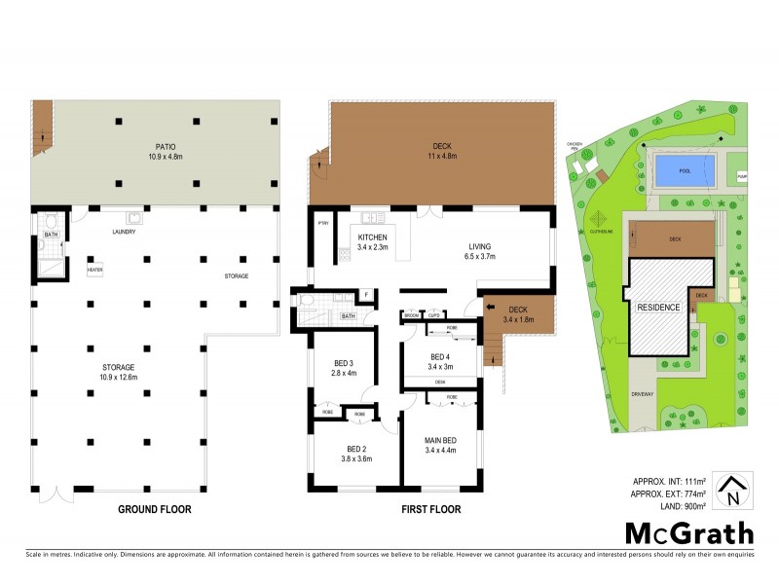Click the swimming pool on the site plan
pos(684,172)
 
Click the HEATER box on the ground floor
pos(95,271)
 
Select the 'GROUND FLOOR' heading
pos(154,509)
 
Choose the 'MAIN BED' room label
pos(441,440)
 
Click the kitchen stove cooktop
pos(345,257)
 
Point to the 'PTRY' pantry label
pos(322,223)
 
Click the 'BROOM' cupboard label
pos(411,316)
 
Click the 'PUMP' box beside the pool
pos(742,176)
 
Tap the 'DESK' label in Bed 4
pos(440,382)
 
